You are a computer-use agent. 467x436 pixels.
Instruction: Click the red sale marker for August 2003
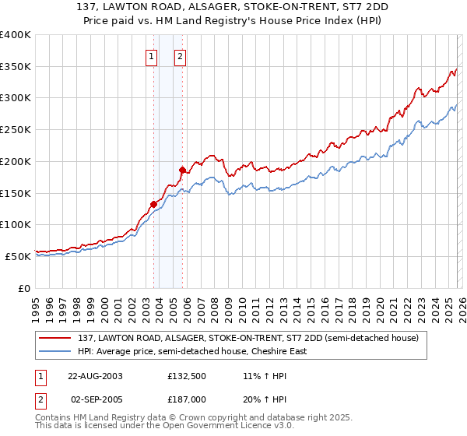[x=153, y=204]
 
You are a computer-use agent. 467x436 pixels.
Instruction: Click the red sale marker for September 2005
[x=182, y=170]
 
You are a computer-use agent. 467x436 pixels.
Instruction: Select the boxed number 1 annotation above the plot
[x=151, y=55]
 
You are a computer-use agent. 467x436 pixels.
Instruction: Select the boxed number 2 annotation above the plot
[x=180, y=55]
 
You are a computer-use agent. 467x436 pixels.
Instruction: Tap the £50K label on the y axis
[x=18, y=256]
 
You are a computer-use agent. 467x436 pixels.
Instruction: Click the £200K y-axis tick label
[x=16, y=161]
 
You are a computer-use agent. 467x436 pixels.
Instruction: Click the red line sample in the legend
[x=55, y=338]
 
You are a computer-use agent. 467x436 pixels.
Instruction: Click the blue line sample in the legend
[x=55, y=351]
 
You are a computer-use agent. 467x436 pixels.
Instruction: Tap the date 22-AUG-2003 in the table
[x=95, y=376]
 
